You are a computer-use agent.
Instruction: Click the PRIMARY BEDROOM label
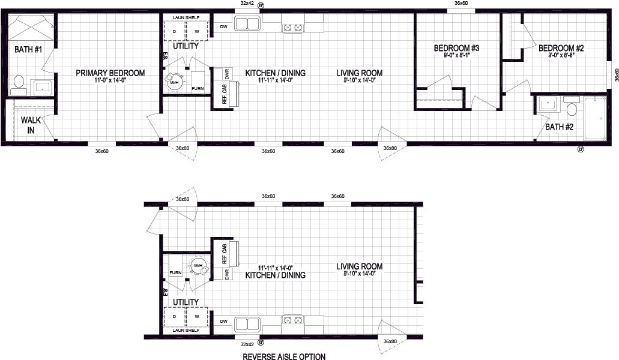[x=110, y=73]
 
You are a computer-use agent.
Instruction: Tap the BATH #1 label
[x=28, y=49]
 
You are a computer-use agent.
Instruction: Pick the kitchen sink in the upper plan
[x=246, y=25]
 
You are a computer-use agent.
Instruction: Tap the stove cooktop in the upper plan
[x=292, y=27]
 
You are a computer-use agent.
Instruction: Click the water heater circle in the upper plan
[x=175, y=82]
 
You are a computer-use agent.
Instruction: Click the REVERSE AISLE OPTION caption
[x=284, y=356]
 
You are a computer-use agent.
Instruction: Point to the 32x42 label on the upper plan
[x=247, y=4]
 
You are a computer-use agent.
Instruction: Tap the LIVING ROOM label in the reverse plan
[x=359, y=266]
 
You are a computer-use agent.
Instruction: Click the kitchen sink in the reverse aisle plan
[x=246, y=324]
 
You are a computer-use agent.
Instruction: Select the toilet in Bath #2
[x=572, y=109]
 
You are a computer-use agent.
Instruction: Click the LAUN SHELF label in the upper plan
[x=186, y=18]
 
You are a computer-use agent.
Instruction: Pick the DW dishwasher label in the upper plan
[x=223, y=26]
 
